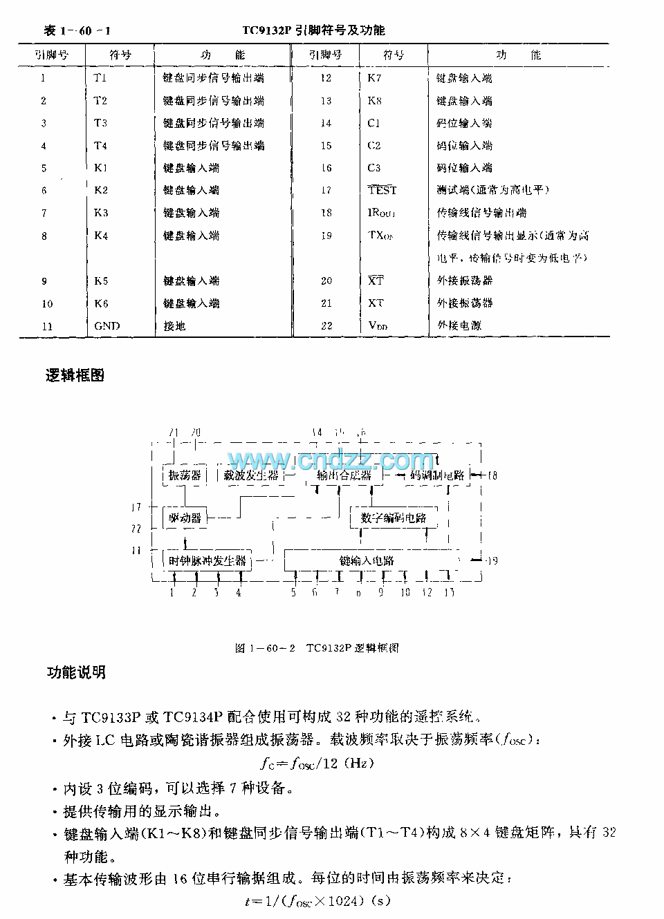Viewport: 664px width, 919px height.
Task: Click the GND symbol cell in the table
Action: (107, 326)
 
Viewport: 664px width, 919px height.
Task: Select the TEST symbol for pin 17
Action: (382, 190)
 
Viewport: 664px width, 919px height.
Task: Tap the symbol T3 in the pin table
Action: (100, 123)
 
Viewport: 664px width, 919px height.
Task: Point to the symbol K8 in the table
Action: (374, 101)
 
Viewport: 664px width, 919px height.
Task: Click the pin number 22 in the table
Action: (326, 325)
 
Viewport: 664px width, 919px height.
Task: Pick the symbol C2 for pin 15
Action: (374, 146)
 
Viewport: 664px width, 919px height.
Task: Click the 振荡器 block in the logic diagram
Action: (185, 475)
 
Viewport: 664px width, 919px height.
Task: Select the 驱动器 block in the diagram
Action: (185, 518)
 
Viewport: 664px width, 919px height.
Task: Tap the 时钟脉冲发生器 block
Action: (207, 560)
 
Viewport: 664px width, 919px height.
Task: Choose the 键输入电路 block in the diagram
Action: (367, 560)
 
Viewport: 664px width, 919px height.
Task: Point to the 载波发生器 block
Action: (251, 475)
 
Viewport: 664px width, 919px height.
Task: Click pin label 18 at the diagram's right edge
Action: (492, 475)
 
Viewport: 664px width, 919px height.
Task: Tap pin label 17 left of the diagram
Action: (136, 507)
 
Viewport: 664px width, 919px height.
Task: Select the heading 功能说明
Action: (76, 672)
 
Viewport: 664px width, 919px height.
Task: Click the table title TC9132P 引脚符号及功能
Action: (313, 30)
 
